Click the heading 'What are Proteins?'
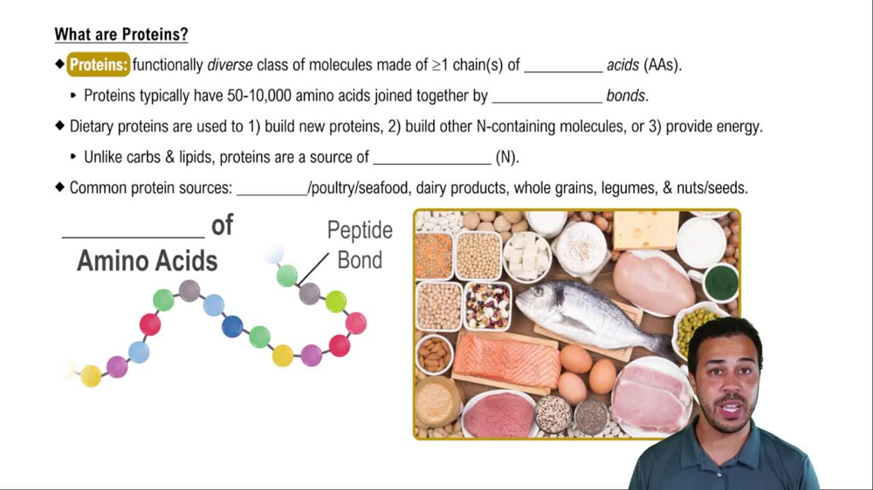(x=121, y=35)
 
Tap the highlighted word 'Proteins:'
(x=99, y=65)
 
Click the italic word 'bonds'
(x=627, y=96)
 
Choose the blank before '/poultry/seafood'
(x=272, y=188)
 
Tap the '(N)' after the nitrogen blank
(x=507, y=158)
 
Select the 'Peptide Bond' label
(x=360, y=245)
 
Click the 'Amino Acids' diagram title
(x=148, y=260)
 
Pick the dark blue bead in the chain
(x=232, y=326)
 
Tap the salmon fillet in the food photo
(x=505, y=361)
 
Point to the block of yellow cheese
(x=646, y=229)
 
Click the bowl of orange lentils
(x=434, y=254)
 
